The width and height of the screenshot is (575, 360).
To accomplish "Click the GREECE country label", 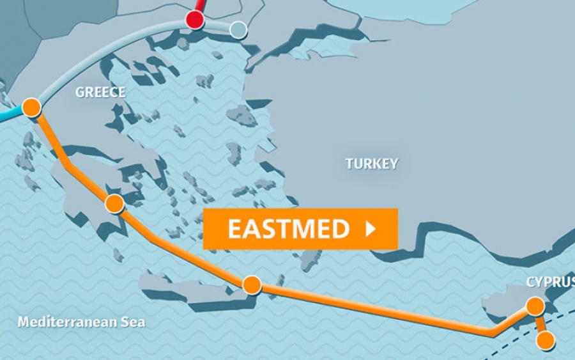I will tap(100, 92).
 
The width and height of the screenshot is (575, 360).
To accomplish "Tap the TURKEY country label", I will tap(372, 164).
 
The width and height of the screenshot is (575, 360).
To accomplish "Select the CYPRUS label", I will tap(549, 282).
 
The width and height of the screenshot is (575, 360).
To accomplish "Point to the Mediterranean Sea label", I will tap(81, 322).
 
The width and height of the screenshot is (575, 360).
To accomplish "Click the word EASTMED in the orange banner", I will tap(289, 229).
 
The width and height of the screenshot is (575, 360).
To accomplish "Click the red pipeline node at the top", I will tap(195, 20).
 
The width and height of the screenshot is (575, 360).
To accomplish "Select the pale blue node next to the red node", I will tap(238, 29).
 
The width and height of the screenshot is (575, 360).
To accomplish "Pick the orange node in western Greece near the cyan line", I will tap(31, 107).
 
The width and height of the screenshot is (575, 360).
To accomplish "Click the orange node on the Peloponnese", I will tap(114, 203).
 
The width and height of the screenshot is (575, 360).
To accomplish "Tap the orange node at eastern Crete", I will tap(252, 285).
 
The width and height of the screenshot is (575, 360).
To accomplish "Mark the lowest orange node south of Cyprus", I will tap(545, 340).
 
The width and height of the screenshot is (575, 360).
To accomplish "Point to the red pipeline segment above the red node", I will tap(200, 5).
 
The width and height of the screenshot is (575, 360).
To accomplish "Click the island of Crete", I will tap(192, 288).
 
